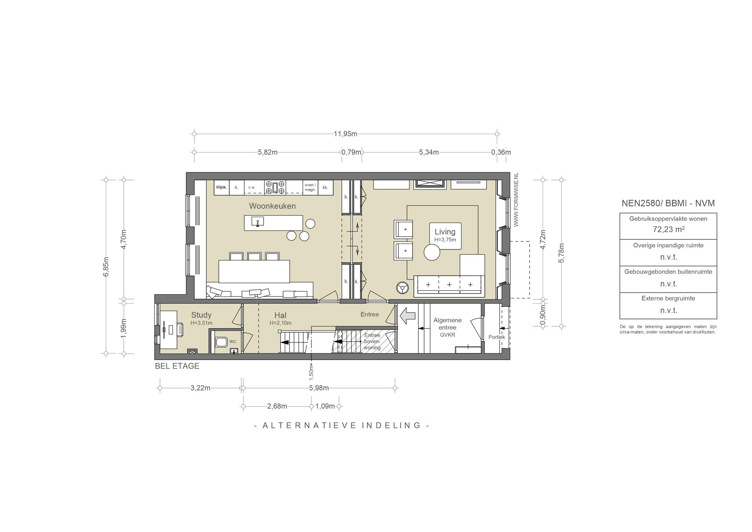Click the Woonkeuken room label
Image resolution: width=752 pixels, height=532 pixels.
point(272,206)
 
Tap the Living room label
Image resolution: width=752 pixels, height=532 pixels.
point(445,231)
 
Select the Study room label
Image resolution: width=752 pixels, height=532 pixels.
point(201,315)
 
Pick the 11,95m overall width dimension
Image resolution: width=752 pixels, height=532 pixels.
point(345,134)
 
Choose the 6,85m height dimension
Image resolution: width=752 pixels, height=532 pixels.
point(106,266)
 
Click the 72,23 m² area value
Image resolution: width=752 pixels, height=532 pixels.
point(668,229)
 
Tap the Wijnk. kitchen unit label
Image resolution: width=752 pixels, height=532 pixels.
point(221,187)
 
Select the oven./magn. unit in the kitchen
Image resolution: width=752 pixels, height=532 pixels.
point(310,187)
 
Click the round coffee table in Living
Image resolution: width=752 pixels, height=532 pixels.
point(432,252)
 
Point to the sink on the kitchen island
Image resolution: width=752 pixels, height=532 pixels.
point(258,222)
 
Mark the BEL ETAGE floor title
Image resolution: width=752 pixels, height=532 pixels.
point(177,366)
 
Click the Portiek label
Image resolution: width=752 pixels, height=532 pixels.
point(496,337)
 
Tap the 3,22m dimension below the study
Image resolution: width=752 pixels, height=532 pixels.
point(200,388)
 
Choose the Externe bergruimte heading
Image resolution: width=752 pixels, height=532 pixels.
point(668,298)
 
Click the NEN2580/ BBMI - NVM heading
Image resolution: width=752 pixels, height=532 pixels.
point(668,203)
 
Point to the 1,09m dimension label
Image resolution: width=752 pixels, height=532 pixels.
point(325,406)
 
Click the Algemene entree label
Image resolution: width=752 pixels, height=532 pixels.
point(448,324)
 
